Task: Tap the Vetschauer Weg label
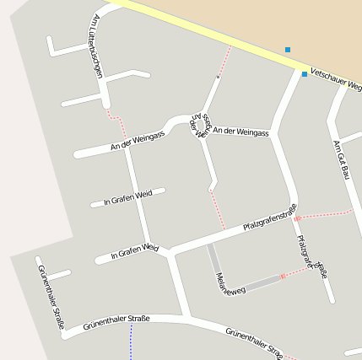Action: tap(335, 80)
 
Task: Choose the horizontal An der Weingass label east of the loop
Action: tap(240, 132)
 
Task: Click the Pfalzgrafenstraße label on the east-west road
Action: tap(270, 218)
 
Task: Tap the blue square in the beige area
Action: tap(288, 50)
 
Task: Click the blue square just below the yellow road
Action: tap(305, 74)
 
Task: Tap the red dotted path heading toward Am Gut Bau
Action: tap(325, 213)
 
